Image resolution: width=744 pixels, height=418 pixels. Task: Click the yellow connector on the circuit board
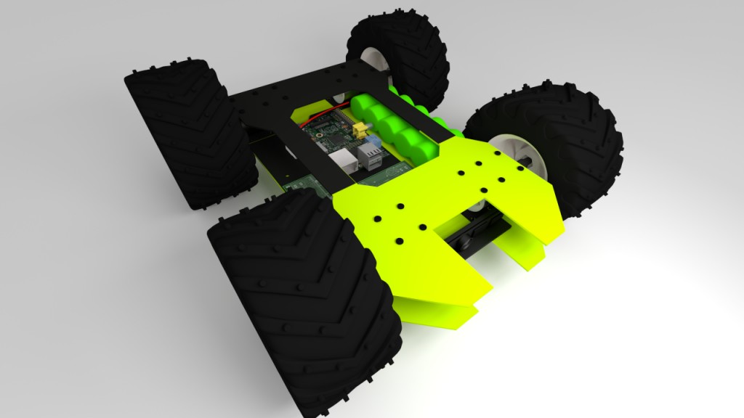pos(357,131)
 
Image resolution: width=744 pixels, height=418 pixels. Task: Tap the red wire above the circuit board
pos(320,114)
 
